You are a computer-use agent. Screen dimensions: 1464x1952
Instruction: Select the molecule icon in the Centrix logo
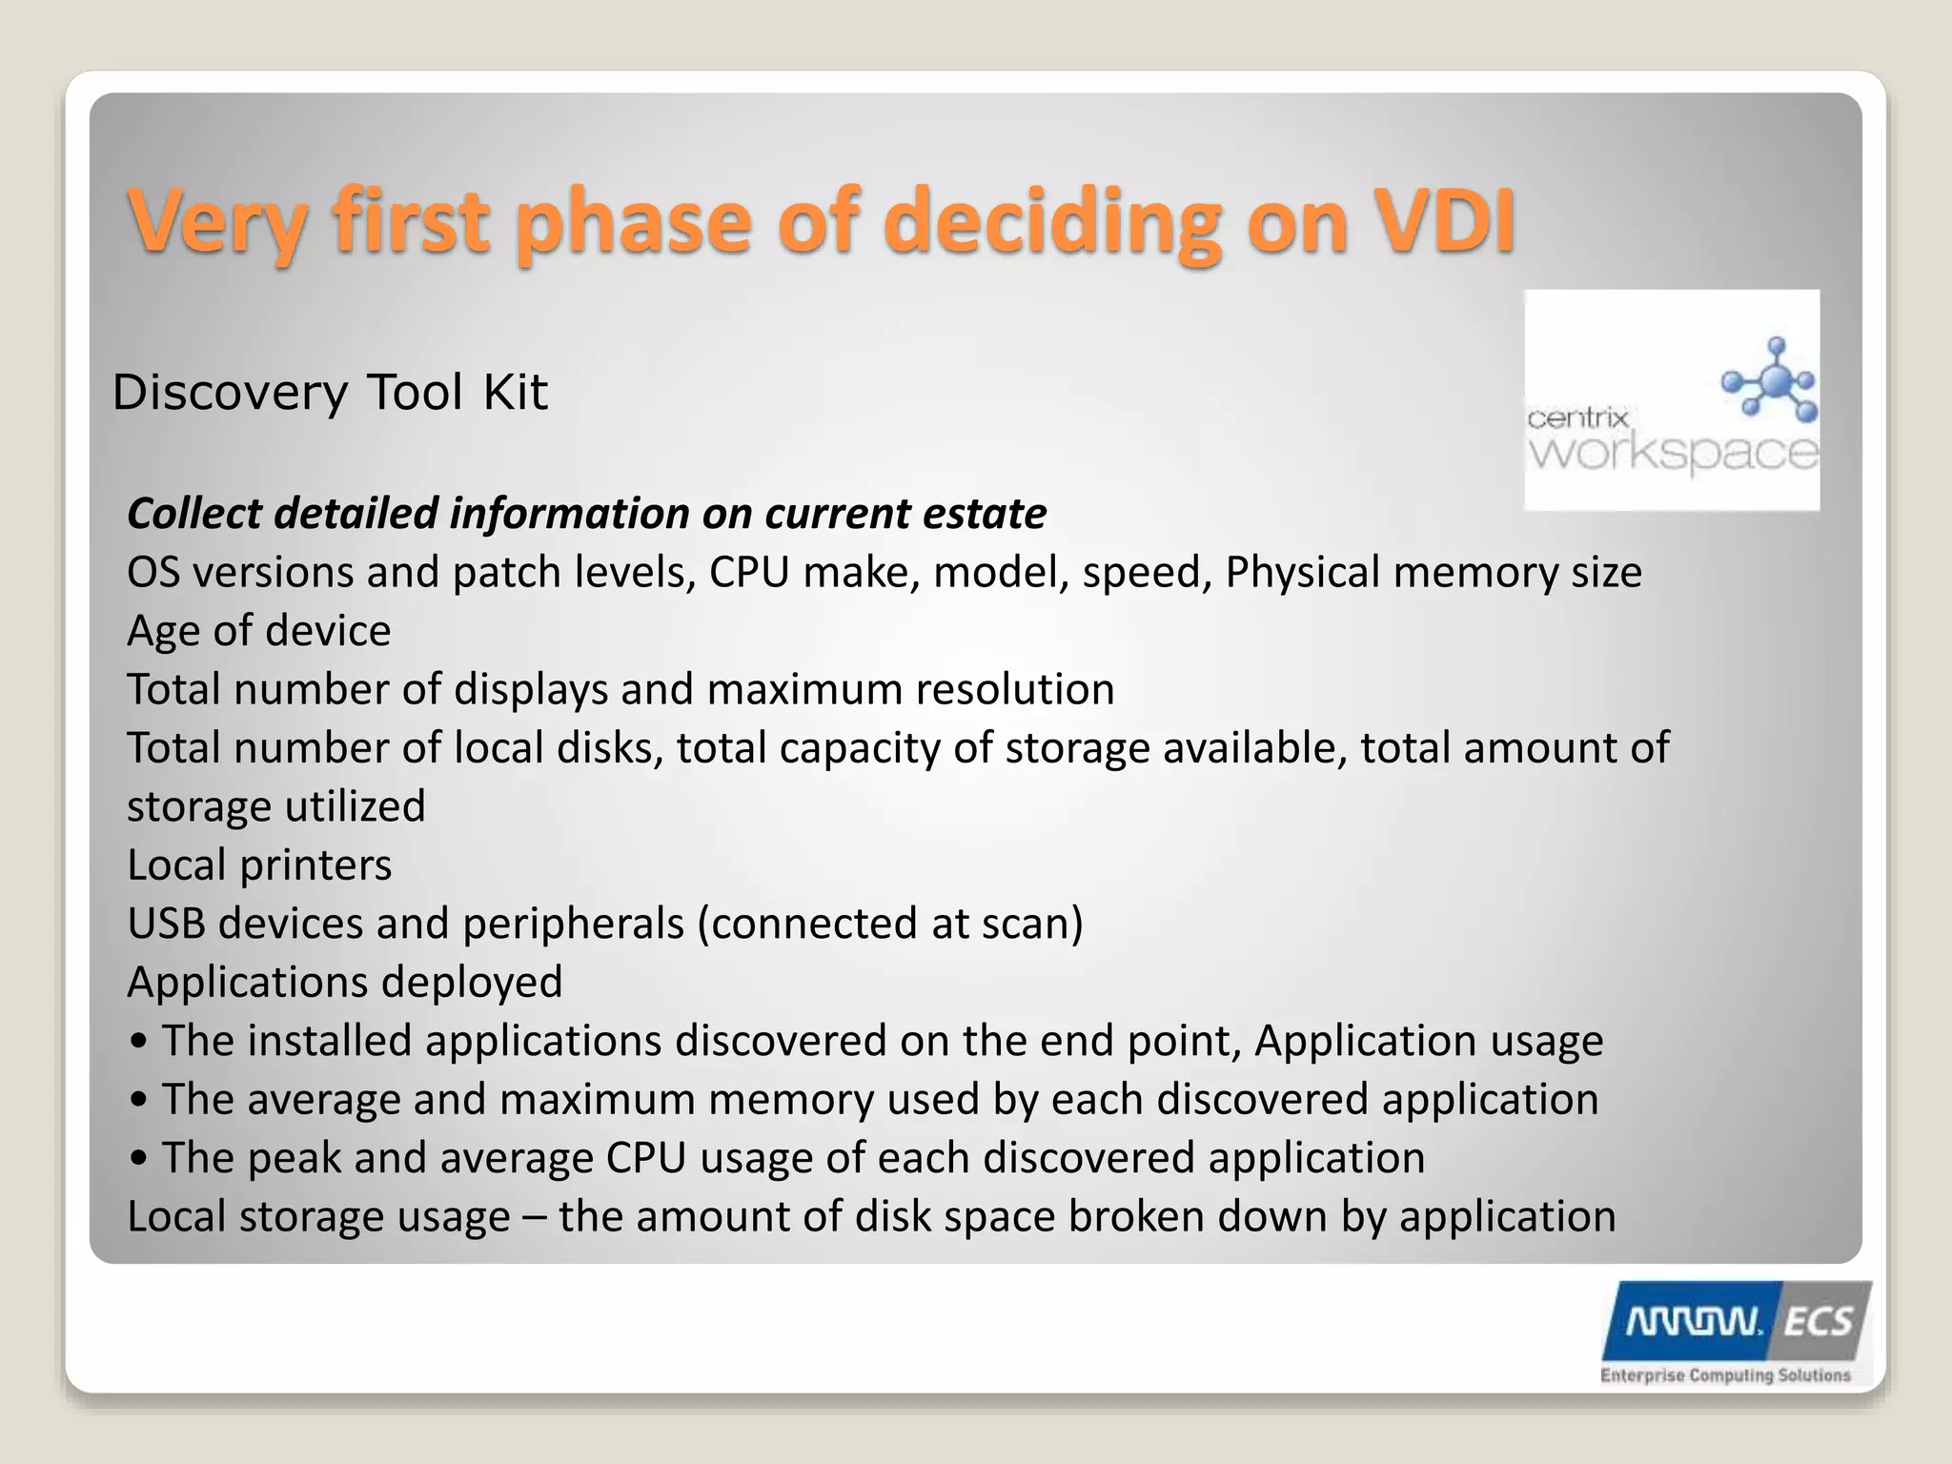tap(1771, 379)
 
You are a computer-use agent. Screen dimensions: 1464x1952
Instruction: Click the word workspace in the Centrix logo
tap(1673, 452)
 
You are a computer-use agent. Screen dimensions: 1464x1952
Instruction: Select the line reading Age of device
tap(258, 631)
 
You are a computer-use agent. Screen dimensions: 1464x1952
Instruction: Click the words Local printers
tap(258, 865)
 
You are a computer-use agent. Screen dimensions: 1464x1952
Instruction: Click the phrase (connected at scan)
tap(890, 924)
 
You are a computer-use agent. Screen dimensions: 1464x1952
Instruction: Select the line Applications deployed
tap(344, 983)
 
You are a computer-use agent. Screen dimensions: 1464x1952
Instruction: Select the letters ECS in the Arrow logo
tap(1817, 1322)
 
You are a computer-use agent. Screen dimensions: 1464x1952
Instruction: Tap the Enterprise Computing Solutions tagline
tap(1725, 1374)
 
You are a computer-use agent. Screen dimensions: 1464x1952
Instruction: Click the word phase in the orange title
tap(633, 221)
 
